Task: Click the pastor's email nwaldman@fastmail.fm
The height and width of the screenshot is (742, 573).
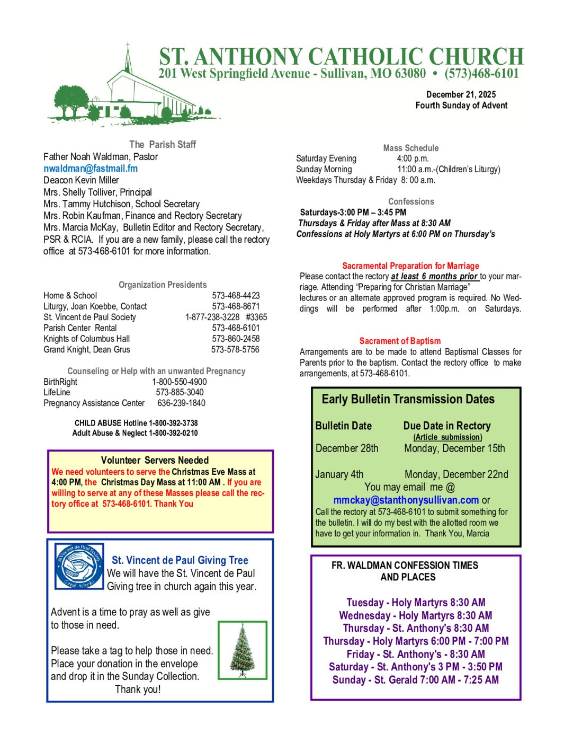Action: [x=91, y=169]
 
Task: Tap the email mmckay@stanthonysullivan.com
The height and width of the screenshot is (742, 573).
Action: [x=406, y=500]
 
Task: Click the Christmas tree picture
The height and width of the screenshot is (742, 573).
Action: [x=243, y=650]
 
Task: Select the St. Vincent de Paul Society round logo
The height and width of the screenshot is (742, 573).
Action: [x=79, y=566]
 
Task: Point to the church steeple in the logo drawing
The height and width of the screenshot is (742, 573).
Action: [x=127, y=58]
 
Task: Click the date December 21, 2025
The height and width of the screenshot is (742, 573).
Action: [x=461, y=94]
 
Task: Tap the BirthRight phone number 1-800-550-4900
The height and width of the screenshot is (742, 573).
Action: [x=179, y=382]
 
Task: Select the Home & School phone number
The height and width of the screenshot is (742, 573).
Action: [x=236, y=295]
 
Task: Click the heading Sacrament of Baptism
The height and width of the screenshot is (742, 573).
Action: [x=400, y=341]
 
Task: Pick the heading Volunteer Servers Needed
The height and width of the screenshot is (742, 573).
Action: [x=155, y=460]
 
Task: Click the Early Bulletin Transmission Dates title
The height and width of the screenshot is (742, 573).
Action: [x=408, y=399]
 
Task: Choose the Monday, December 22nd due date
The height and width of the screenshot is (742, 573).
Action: [x=456, y=474]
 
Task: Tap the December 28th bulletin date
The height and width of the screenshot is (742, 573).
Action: [x=347, y=448]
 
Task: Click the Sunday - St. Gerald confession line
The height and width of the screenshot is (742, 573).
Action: [x=415, y=680]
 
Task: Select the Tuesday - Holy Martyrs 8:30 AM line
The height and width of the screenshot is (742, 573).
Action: [x=416, y=603]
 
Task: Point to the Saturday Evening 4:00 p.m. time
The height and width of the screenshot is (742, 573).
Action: [x=413, y=158]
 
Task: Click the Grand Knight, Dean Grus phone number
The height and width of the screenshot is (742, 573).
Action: [x=235, y=349]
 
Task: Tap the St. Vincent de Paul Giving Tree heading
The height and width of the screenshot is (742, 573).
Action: [x=180, y=560]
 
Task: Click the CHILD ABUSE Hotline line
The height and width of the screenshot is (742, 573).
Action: [x=136, y=423]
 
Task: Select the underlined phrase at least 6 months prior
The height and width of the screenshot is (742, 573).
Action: [x=434, y=276]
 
